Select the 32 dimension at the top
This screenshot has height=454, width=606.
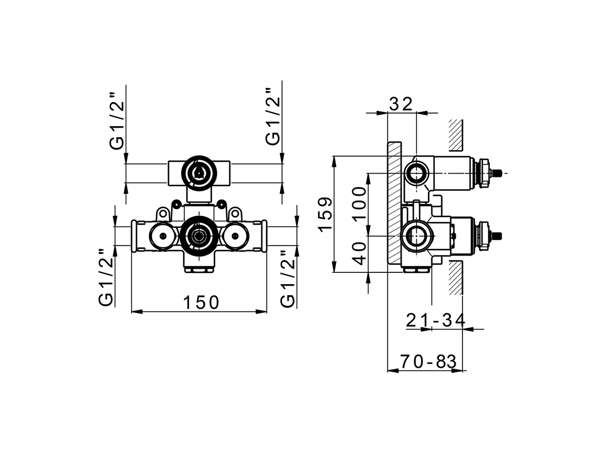(401, 104)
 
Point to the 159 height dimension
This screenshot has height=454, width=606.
(325, 214)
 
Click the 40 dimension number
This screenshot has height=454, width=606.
(360, 253)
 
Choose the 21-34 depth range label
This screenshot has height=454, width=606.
(436, 320)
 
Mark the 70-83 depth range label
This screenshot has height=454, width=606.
(428, 362)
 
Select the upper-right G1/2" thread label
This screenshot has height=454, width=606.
(273, 117)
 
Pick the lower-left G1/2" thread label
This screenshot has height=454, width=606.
(106, 278)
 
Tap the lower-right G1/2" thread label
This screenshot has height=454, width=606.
(287, 279)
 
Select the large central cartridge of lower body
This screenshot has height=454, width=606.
(198, 235)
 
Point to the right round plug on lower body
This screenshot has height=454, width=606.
(234, 235)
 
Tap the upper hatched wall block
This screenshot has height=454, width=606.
(455, 135)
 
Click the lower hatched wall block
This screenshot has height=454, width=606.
(455, 278)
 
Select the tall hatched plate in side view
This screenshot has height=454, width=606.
(395, 203)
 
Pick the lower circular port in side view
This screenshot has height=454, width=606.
(417, 235)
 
